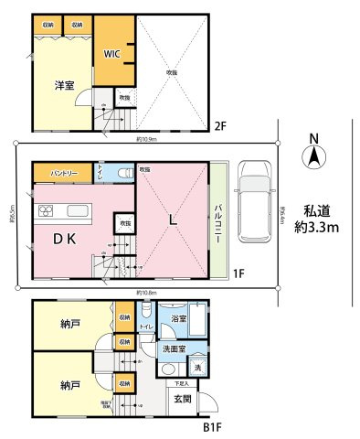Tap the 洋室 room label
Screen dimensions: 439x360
click(63, 85)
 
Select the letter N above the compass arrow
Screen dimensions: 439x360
click(312, 139)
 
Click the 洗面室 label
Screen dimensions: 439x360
click(175, 348)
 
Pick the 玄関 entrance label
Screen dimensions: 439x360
click(182, 399)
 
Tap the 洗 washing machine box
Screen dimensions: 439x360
click(199, 367)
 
